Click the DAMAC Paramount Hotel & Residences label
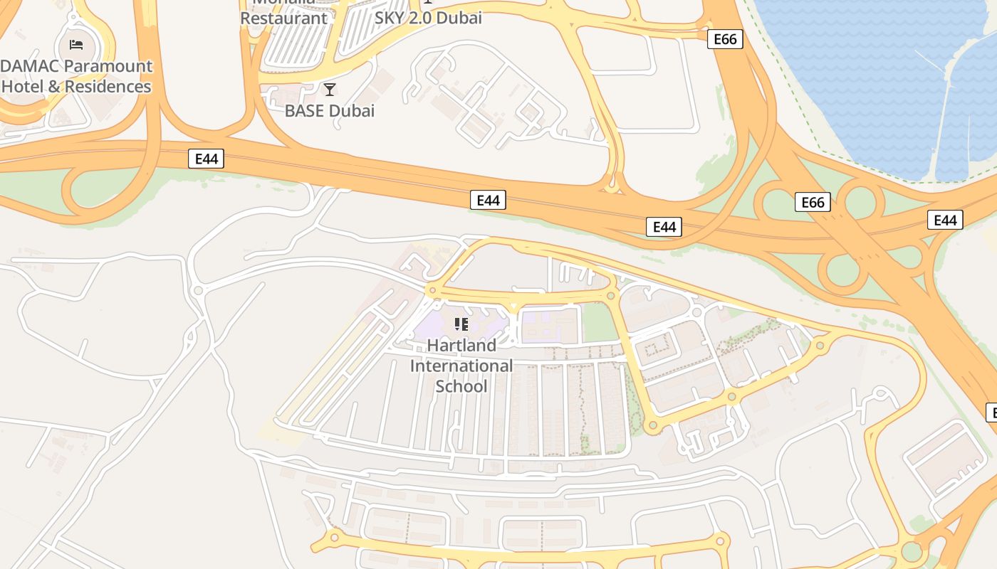click(76, 76)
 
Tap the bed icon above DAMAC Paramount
click(76, 45)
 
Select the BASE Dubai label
click(329, 111)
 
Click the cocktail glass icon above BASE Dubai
click(329, 90)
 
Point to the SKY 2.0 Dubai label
click(428, 18)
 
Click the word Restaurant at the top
click(283, 18)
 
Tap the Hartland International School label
click(461, 366)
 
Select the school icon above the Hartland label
click(461, 324)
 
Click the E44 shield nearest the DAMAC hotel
click(207, 159)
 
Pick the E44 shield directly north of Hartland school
click(488, 201)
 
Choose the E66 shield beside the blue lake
click(725, 39)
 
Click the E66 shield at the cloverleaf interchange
click(813, 203)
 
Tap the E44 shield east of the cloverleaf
click(945, 220)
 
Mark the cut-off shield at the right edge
click(991, 412)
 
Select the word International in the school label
click(461, 366)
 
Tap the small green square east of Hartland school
click(600, 324)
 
